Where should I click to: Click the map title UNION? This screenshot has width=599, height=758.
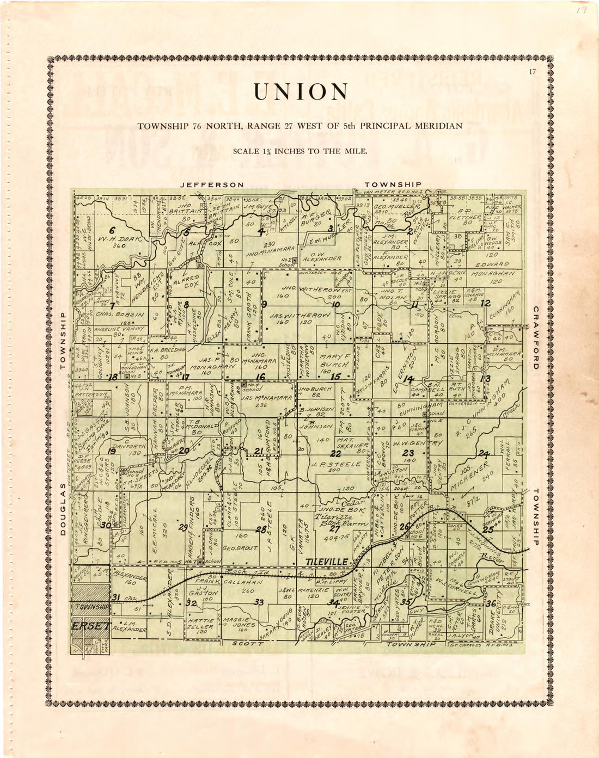coord(300,93)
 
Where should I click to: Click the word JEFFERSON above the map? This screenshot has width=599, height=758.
coord(212,185)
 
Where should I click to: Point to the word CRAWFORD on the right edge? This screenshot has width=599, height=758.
coord(536,337)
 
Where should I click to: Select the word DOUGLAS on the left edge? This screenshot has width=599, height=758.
coord(63,509)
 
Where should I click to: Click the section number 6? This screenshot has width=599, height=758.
coord(112,230)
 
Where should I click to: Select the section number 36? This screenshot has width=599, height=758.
coord(491,603)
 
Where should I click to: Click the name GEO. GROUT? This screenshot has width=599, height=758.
coord(240,549)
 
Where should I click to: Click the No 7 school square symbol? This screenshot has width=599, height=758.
coord(200,561)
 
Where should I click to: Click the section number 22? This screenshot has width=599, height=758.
coord(336,453)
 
